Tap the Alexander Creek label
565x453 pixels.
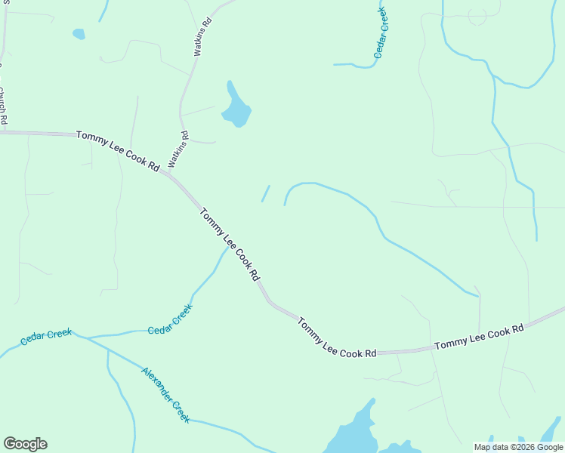pos(165,395)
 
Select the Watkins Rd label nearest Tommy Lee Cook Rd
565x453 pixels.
pos(178,149)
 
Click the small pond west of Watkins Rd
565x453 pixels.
pos(79,34)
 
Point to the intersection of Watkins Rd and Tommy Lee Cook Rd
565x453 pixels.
pos(167,173)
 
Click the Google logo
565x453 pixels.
pos(25,444)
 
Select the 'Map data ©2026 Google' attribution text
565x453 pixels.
pos(518,447)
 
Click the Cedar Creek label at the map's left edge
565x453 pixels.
pos(46,337)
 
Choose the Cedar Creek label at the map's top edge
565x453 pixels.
pos(381,32)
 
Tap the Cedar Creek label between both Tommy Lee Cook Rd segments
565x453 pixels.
pos(170,319)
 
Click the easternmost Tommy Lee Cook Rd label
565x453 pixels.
pos(479,337)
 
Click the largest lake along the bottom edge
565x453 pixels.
pos(351,435)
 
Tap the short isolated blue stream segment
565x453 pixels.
pos(265,194)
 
